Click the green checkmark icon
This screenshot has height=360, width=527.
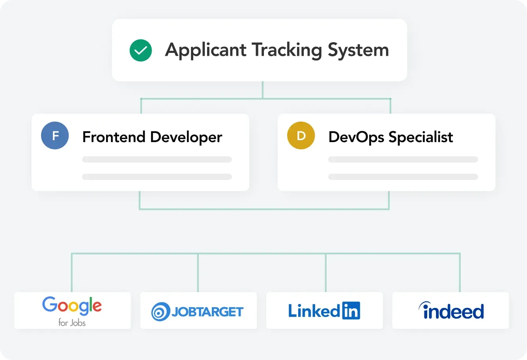click(x=141, y=50)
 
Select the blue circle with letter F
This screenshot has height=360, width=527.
click(x=55, y=136)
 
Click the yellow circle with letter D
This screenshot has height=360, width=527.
click(x=301, y=136)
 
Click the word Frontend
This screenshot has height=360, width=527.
click(x=114, y=137)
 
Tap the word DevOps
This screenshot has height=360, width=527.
click(x=356, y=137)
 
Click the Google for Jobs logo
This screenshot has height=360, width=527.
click(x=72, y=311)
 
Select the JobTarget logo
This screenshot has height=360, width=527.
click(x=198, y=312)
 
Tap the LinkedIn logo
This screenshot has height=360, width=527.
click(x=324, y=311)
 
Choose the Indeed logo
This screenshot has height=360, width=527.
click(x=451, y=311)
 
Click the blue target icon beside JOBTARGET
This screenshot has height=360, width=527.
click(x=161, y=312)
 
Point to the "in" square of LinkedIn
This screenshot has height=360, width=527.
click(x=351, y=311)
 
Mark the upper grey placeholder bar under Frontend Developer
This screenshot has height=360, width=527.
click(x=157, y=159)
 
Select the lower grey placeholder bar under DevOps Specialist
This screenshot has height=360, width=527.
click(x=403, y=177)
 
